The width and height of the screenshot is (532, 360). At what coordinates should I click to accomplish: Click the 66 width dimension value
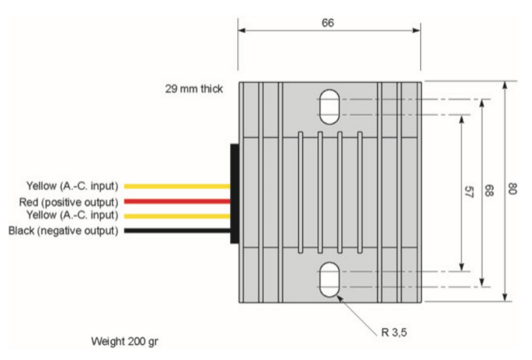pos(328,23)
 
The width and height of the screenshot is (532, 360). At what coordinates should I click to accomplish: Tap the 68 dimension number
pos(490,192)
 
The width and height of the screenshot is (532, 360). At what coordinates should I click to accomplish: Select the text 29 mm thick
pos(193,90)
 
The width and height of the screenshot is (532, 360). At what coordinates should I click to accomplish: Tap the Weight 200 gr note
pos(128,342)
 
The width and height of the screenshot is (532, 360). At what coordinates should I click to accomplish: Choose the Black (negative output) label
pos(63,230)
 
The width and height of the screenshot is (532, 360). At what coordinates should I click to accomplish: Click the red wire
pos(177,201)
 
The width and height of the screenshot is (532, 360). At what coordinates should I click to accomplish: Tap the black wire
pos(177,230)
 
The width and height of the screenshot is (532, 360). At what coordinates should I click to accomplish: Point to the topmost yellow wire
pos(177,186)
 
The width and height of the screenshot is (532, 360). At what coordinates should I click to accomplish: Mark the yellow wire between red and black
pos(177,215)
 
